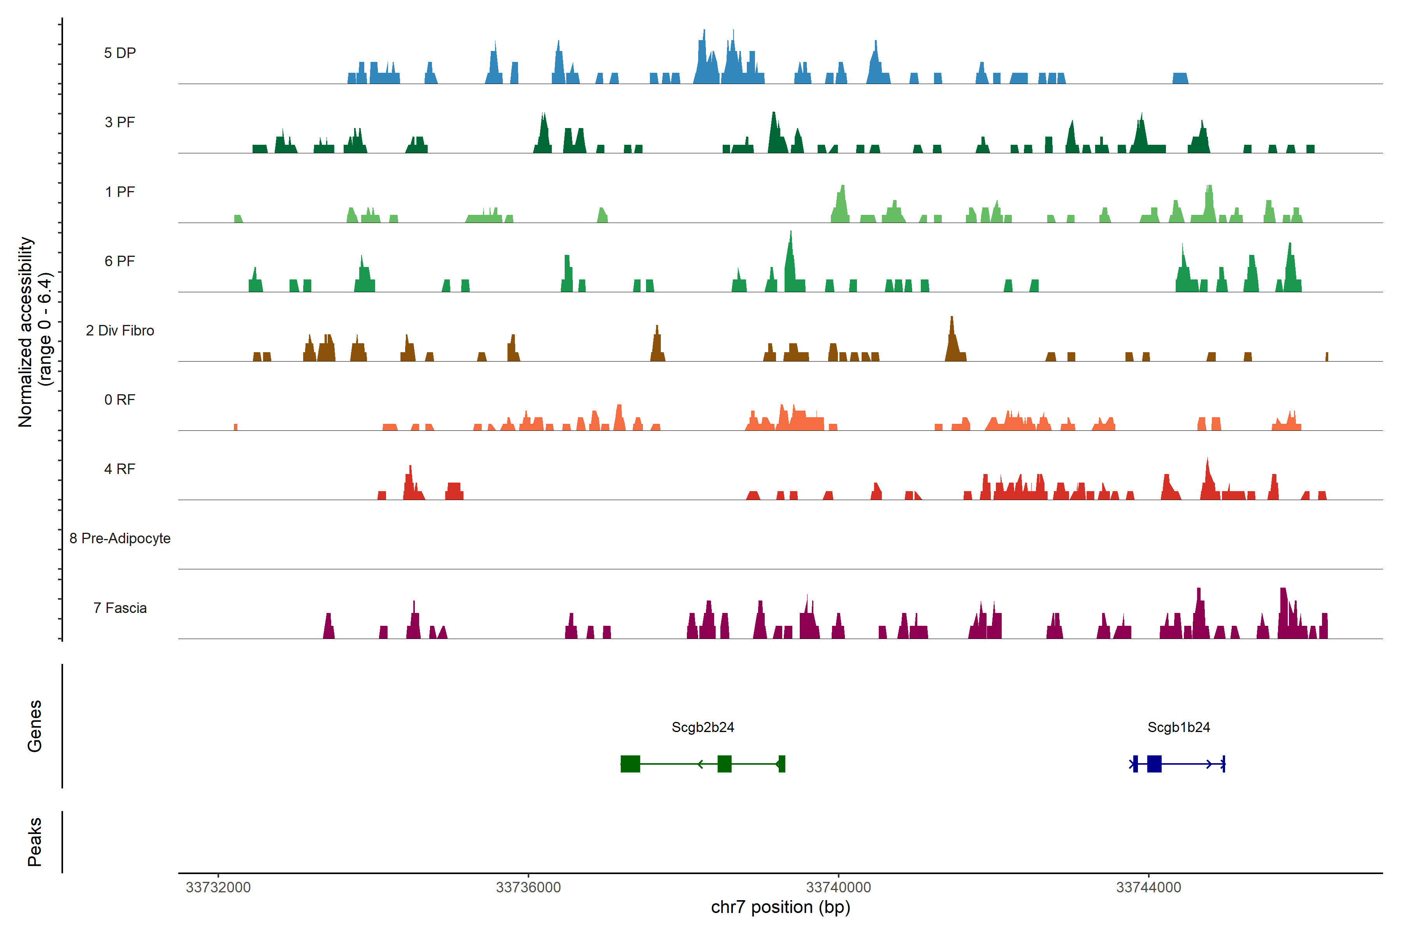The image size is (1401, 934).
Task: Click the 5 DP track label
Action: pyautogui.click(x=120, y=53)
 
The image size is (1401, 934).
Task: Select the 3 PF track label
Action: pyautogui.click(x=120, y=122)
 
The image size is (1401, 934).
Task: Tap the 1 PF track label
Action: pyautogui.click(x=120, y=192)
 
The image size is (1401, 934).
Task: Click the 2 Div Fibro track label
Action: pyautogui.click(x=120, y=330)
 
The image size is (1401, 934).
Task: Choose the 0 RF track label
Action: pyautogui.click(x=120, y=400)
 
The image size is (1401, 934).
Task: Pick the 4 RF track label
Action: pyautogui.click(x=120, y=469)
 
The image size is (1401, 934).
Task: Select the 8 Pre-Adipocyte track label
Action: pyautogui.click(x=120, y=539)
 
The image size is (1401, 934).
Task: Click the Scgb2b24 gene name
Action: pyautogui.click(x=703, y=727)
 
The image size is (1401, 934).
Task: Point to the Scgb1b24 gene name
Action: pyautogui.click(x=1179, y=727)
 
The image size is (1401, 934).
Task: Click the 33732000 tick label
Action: pyautogui.click(x=218, y=888)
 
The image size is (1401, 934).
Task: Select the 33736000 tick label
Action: pyautogui.click(x=528, y=888)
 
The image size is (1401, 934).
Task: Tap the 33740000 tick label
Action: pyautogui.click(x=839, y=888)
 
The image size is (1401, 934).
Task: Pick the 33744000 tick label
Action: pyautogui.click(x=1148, y=888)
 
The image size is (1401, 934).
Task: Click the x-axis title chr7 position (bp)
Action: pyautogui.click(x=780, y=907)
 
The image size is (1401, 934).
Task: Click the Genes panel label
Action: pyautogui.click(x=35, y=726)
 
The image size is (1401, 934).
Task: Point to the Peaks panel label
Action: pyautogui.click(x=35, y=842)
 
